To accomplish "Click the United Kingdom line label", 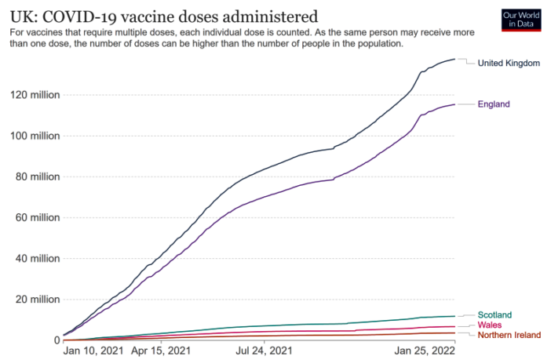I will (x=509, y=63).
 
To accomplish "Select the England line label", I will (x=494, y=104).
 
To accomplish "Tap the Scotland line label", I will (x=494, y=315).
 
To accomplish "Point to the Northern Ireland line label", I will (x=509, y=335).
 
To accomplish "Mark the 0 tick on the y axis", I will (x=57, y=340).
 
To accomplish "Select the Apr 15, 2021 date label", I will (x=162, y=351).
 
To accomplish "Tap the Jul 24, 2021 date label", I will (x=265, y=351).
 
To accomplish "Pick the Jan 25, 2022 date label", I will (x=425, y=351).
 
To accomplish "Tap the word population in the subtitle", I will (x=371, y=44).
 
